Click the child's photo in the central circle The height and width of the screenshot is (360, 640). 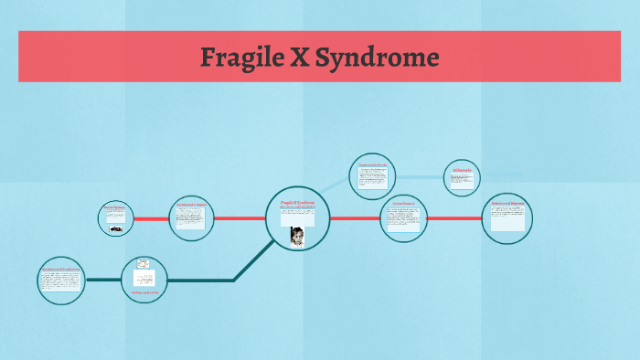coord(297,236)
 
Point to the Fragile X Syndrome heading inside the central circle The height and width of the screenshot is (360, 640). coord(298,203)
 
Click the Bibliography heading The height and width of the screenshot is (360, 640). coord(462,169)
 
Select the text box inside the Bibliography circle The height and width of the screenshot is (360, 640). coord(462,181)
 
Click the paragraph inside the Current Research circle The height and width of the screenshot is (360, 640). coord(403,221)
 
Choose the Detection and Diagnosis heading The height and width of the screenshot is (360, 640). coord(507,203)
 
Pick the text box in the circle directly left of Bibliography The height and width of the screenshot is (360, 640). coord(373,179)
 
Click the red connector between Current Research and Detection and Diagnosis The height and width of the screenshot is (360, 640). coord(454,218)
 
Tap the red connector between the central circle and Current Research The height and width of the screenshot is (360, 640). coord(355,218)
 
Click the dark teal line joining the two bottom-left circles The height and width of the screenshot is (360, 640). coord(102,280)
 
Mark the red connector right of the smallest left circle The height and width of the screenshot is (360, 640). coord(151,219)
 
